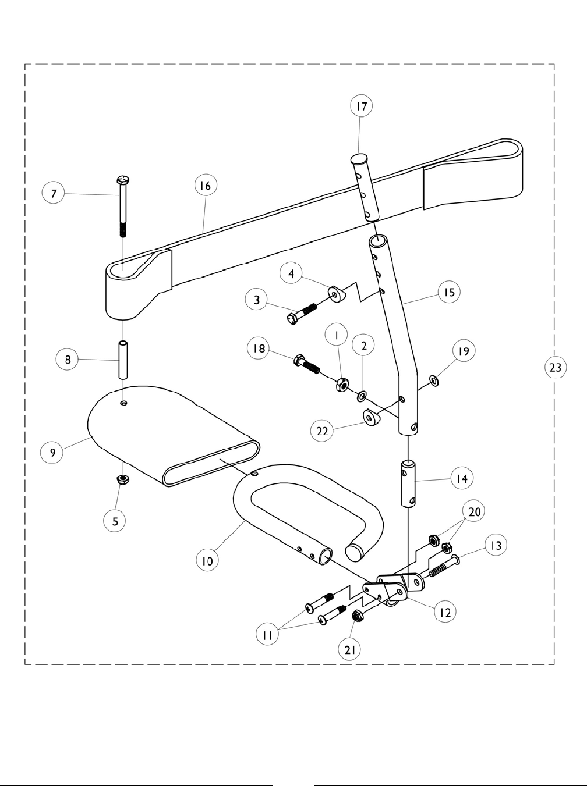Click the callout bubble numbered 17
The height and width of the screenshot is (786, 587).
[361, 106]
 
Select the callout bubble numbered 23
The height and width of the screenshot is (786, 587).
[555, 367]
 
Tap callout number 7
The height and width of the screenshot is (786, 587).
[54, 193]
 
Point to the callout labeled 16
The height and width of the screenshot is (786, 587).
[205, 186]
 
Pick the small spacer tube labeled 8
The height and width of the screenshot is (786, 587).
[123, 361]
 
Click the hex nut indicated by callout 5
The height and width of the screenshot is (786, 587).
[123, 479]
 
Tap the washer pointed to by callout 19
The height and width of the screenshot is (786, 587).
[434, 381]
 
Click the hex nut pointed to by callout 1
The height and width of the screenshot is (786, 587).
[342, 385]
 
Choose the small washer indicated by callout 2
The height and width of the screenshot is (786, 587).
[362, 397]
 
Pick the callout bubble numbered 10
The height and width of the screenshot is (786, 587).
[207, 560]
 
